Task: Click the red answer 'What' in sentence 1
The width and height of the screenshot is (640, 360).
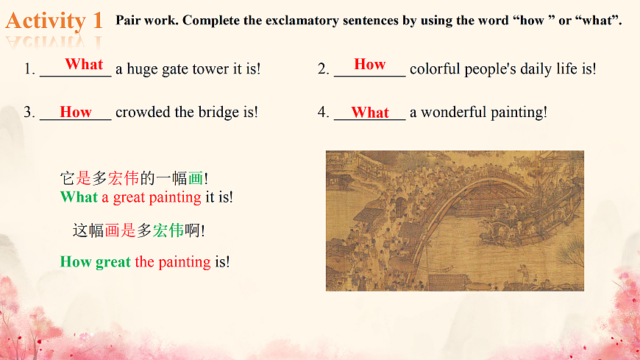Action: click(84, 64)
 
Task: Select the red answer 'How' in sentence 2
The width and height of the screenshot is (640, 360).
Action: click(369, 64)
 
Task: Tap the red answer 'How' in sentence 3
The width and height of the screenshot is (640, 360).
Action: click(76, 112)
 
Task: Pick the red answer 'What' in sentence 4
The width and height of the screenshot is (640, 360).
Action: click(369, 112)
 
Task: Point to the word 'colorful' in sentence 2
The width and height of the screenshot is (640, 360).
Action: click(435, 69)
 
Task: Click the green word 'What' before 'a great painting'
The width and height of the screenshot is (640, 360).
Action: click(79, 197)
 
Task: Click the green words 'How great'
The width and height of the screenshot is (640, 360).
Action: click(95, 261)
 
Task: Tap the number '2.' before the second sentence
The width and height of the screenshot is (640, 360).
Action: click(324, 69)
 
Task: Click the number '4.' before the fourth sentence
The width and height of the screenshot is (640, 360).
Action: click(324, 113)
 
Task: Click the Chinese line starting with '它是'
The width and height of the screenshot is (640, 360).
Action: click(134, 178)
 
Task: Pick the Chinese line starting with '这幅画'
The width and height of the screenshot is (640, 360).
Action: click(138, 230)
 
